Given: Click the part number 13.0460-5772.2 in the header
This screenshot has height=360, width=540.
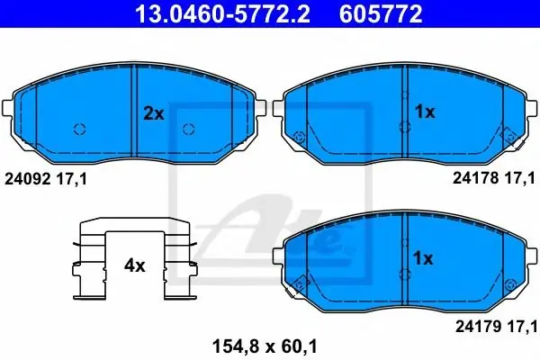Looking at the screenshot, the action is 223,13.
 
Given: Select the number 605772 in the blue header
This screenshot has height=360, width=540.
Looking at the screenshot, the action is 381,13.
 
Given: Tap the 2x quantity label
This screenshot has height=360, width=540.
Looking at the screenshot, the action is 154,113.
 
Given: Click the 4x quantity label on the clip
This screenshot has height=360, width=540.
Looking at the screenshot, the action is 135,265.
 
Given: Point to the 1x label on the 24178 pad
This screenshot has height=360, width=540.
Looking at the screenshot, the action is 425,112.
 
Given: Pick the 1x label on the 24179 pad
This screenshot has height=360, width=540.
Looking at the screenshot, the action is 423,258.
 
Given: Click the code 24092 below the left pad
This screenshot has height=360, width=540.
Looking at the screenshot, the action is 28,179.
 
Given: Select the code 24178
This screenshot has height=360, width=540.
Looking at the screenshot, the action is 475,178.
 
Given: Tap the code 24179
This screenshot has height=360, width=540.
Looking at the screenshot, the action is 479,327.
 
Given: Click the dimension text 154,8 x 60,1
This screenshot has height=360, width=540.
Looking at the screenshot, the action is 265,346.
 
